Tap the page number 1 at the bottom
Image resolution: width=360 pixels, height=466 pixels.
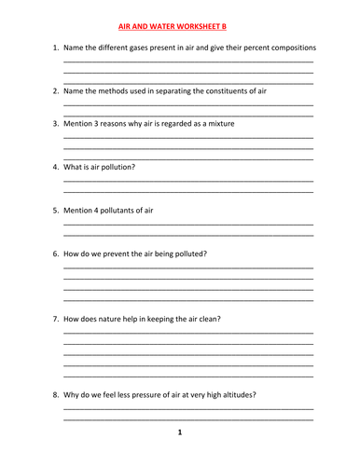[x=180, y=432]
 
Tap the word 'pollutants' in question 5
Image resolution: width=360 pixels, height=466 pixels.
[x=118, y=211]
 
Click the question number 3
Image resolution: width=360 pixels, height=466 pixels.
[x=55, y=123]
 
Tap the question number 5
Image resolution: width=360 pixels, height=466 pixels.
[x=55, y=211]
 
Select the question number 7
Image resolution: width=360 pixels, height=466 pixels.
[x=55, y=319]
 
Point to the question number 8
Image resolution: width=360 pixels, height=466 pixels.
[x=55, y=394]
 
